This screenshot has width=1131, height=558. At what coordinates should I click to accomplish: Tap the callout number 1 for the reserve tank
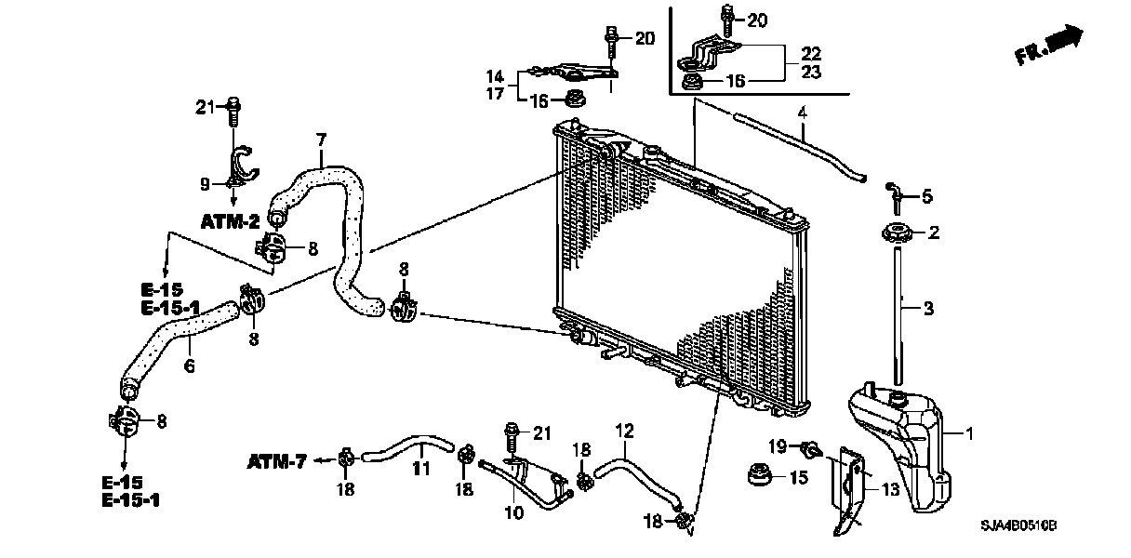click(x=969, y=433)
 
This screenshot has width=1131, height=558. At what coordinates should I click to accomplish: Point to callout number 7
click(x=321, y=140)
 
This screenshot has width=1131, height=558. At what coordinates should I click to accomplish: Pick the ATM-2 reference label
click(x=229, y=221)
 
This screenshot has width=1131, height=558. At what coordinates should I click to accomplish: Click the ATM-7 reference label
click(x=278, y=460)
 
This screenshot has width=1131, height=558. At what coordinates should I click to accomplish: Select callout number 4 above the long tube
click(x=801, y=114)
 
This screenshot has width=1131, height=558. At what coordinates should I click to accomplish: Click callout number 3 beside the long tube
click(x=927, y=306)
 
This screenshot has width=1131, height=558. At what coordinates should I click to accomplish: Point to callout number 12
click(x=624, y=430)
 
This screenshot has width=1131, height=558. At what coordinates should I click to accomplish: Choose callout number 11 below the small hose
click(x=421, y=470)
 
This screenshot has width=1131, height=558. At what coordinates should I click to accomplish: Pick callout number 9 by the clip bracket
click(x=205, y=184)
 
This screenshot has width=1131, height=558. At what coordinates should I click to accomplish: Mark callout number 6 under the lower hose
click(x=189, y=366)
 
